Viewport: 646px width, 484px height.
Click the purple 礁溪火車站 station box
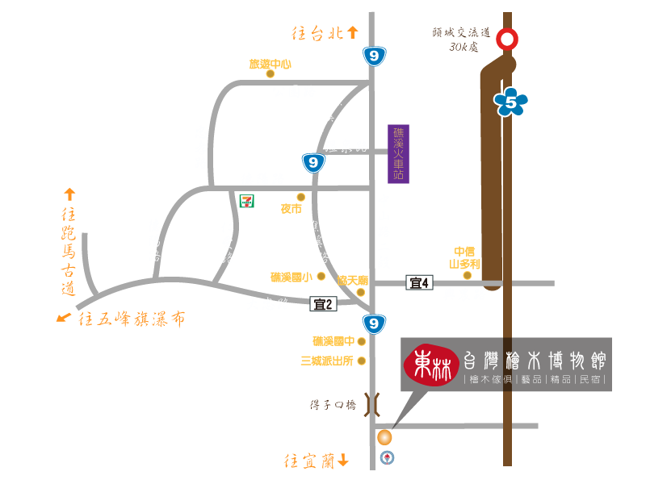[x=398, y=153]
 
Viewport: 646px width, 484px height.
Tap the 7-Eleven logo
[x=246, y=201]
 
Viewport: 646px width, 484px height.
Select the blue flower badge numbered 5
[x=511, y=102]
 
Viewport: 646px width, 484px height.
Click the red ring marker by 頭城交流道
[x=507, y=39]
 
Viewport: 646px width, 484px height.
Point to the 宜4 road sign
[x=419, y=282]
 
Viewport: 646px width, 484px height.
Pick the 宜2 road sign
[x=323, y=304]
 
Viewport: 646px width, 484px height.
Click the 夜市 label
[x=291, y=209]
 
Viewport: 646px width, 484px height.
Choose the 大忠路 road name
[x=268, y=304]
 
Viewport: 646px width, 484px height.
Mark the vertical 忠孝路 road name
[x=201, y=146]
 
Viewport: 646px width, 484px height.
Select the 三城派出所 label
[x=327, y=361]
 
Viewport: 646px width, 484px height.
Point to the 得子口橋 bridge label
[x=333, y=405]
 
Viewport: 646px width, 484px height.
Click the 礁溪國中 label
[x=333, y=341]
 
